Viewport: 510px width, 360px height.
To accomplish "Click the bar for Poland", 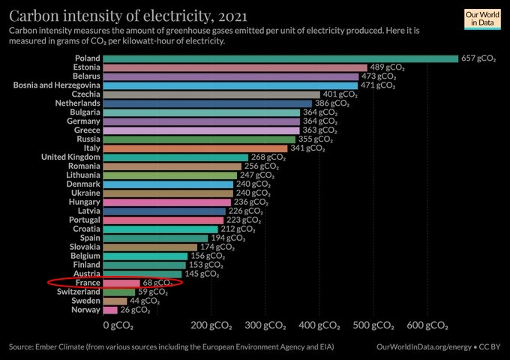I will [280, 58].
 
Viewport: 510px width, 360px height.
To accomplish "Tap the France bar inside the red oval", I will [121, 283].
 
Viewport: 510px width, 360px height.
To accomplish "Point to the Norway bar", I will [110, 310].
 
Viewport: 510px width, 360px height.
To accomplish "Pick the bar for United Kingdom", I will [175, 157].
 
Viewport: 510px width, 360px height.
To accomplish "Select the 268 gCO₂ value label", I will [268, 157].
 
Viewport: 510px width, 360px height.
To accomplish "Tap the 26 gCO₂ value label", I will [136, 310].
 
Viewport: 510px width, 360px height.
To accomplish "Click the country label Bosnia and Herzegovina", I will [52, 85].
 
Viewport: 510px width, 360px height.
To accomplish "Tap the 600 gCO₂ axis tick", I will [429, 326].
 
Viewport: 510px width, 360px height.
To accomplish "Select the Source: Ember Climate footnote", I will [172, 347].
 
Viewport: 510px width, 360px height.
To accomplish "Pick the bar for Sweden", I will [115, 301].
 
